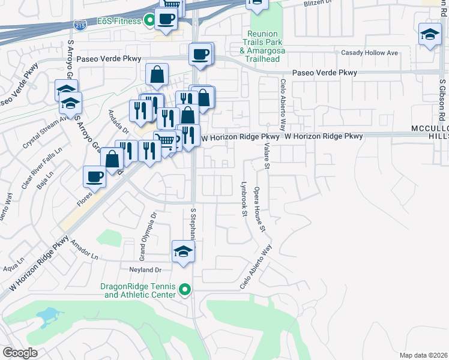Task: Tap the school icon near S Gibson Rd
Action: [430, 35]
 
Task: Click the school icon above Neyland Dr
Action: [183, 252]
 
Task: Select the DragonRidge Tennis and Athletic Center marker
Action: [185, 290]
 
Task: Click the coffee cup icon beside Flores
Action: [95, 176]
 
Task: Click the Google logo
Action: [20, 352]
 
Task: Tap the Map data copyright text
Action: [423, 355]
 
